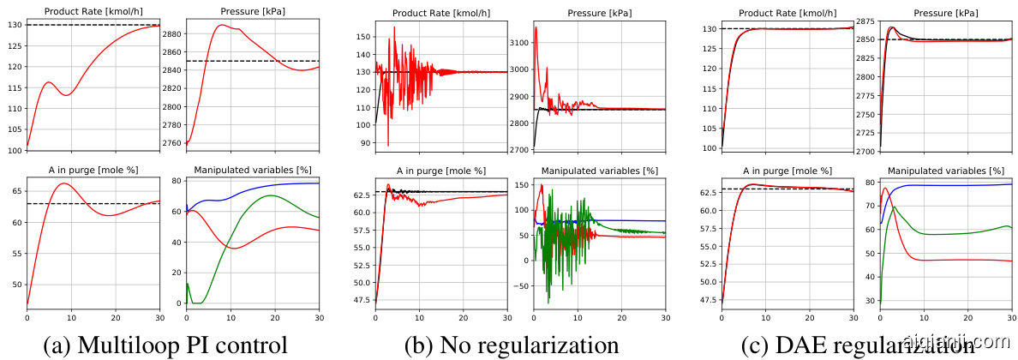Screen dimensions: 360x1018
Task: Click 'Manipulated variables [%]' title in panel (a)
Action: pyautogui.click(x=252, y=169)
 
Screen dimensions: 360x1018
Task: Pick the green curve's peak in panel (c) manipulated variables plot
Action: pyautogui.click(x=895, y=207)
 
